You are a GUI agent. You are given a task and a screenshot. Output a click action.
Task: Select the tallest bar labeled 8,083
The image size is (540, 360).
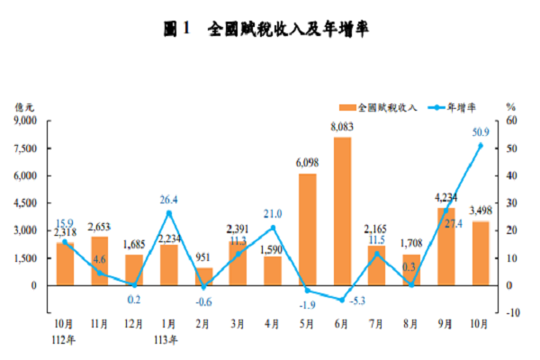point(342,211)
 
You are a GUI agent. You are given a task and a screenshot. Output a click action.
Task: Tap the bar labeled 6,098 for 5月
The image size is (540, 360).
point(308,229)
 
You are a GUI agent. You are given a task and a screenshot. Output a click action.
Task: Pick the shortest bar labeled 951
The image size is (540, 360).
point(204,276)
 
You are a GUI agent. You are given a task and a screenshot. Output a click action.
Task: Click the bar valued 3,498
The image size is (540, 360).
point(480,253)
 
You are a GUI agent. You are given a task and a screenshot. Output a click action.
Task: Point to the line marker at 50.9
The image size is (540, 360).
point(480,145)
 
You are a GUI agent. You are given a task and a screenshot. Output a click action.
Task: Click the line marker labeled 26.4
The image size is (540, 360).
point(169,213)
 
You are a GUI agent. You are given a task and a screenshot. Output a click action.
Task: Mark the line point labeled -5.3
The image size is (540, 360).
point(342,300)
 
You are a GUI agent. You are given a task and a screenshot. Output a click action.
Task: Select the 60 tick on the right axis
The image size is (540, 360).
point(511,120)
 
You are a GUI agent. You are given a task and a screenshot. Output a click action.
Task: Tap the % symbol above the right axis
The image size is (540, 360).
point(510,106)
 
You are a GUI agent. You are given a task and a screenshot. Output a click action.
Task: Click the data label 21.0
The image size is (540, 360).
point(274,213)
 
